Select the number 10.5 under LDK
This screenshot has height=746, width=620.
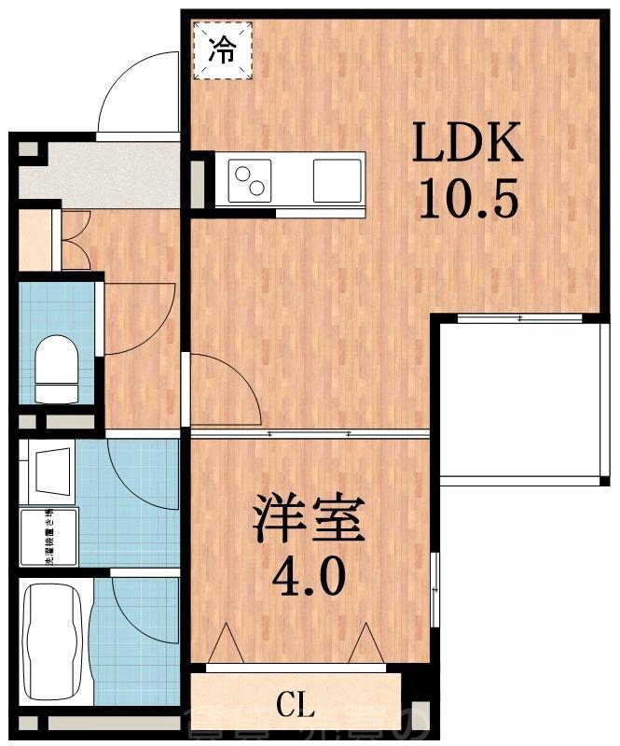(x=466, y=198)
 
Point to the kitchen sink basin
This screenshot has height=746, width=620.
(x=337, y=180)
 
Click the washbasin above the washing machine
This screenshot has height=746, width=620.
(x=50, y=470)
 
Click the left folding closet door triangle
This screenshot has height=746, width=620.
(x=227, y=644)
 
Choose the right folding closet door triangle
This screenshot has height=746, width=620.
(x=366, y=644)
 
